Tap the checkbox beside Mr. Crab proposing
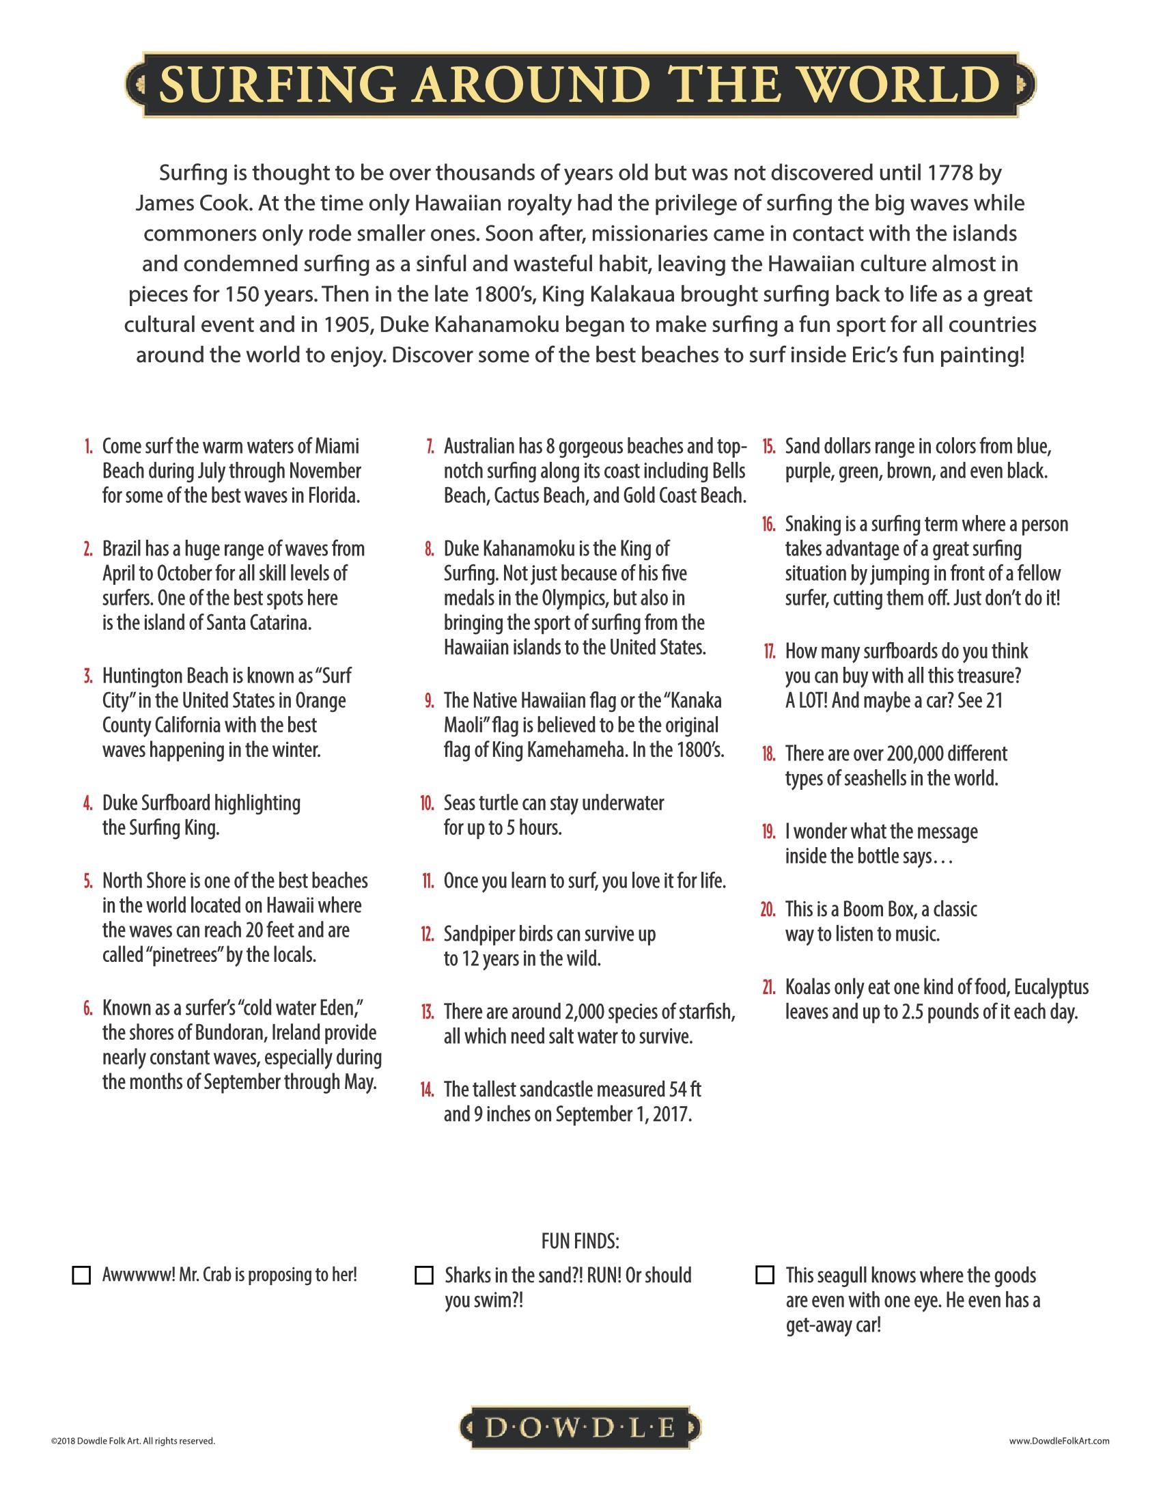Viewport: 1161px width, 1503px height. pyautogui.click(x=82, y=1276)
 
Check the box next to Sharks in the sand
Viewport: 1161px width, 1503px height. pyautogui.click(x=424, y=1276)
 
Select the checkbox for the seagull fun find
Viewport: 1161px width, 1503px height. pyautogui.click(x=765, y=1276)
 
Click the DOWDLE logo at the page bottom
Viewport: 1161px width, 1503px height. pyautogui.click(x=580, y=1429)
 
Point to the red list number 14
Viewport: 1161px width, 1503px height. pyautogui.click(x=427, y=1090)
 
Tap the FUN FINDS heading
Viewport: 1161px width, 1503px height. pyautogui.click(x=580, y=1241)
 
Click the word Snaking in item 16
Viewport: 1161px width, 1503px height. pyautogui.click(x=811, y=525)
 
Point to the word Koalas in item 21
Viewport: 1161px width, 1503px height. pyautogui.click(x=807, y=988)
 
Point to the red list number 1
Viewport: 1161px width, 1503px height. pyautogui.click(x=88, y=447)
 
